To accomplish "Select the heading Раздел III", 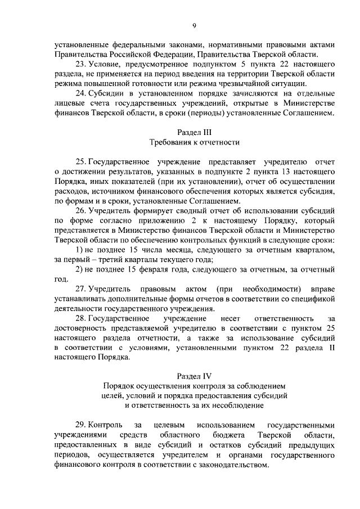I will [194, 132].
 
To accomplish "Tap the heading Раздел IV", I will [194, 375].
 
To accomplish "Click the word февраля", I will [152, 269].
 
